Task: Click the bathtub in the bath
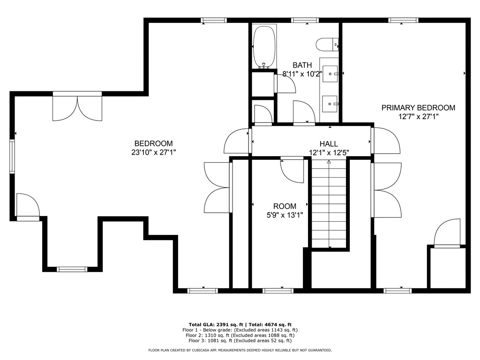coord(264,47)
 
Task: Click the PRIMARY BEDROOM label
coord(418,108)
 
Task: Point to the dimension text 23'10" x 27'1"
coord(153,152)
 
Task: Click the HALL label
coord(329,144)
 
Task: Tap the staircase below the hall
coord(329,204)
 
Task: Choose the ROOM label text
coord(285,206)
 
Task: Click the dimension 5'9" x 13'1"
coord(285,215)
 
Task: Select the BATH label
coord(302,65)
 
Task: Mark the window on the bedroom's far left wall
coord(13,156)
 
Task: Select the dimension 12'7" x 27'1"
coord(418,117)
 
